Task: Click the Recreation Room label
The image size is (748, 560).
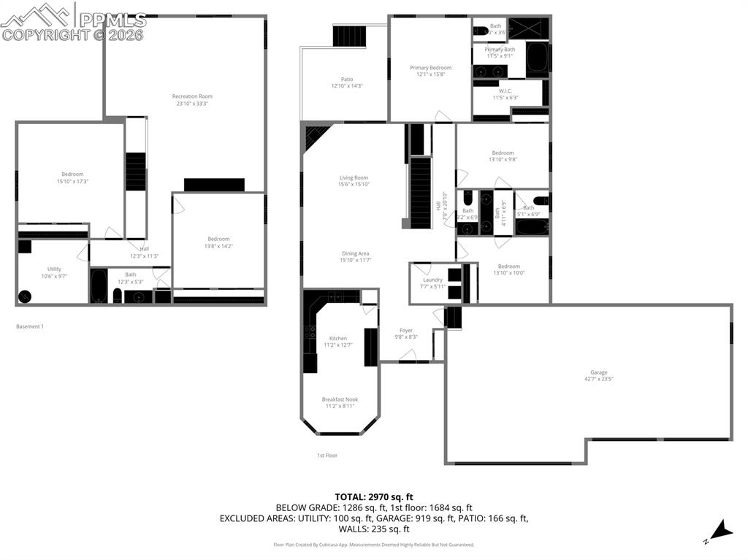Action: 192,100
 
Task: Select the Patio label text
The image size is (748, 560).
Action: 346,83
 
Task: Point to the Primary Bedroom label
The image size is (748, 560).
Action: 430,71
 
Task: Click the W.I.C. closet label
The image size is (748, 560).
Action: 505,94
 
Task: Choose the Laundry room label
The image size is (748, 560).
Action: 432,283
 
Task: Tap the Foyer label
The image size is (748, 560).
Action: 406,333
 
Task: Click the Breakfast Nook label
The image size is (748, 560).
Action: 340,402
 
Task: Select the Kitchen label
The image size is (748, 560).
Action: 338,341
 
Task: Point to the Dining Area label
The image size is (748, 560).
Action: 355,256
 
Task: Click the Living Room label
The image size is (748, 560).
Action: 354,180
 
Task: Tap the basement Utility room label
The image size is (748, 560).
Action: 54,272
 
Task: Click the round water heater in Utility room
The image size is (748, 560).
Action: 26,296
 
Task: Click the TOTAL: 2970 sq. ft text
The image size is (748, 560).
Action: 373,496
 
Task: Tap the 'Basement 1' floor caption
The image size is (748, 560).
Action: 30,326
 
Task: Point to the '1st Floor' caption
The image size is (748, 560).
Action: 327,455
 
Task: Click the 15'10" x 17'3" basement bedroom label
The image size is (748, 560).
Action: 72,177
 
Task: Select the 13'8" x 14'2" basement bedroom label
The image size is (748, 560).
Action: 218,242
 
